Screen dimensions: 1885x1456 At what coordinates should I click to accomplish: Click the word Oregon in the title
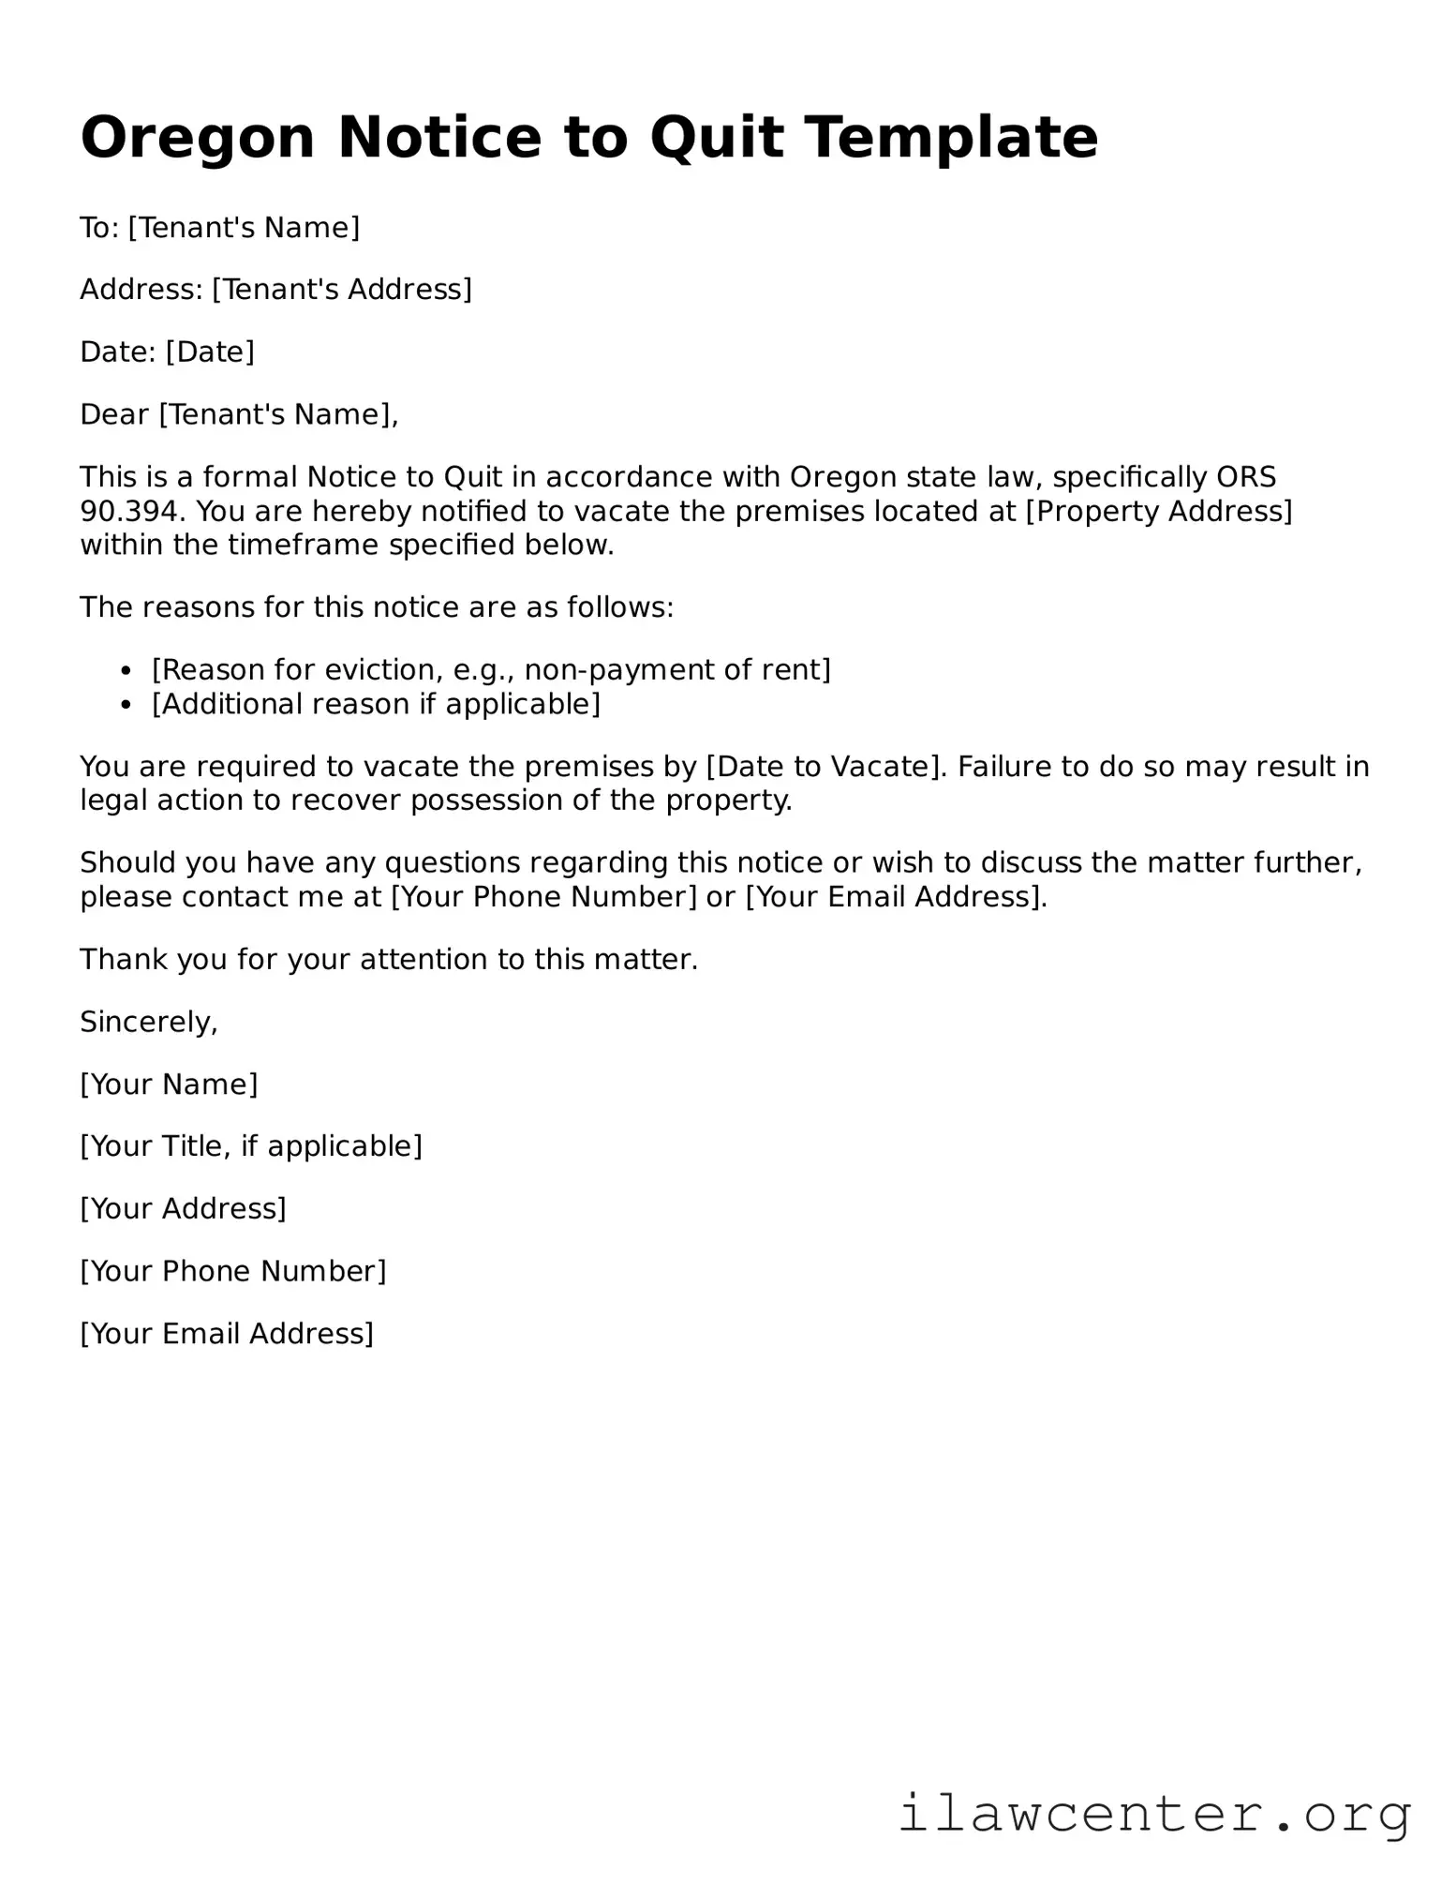197,138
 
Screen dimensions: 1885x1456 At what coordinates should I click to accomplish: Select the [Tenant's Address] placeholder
342,290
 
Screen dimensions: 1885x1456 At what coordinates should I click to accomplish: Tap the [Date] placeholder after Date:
210,352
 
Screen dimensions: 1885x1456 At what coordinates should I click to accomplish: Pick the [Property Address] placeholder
1159,512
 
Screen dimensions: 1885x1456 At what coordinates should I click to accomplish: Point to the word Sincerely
148,1023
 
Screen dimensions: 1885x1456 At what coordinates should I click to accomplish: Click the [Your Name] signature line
169,1085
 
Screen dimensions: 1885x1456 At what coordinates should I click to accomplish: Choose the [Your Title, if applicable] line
251,1146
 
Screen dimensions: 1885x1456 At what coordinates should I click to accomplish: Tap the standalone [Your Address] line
183,1209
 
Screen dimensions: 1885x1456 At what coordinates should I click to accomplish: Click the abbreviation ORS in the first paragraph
1246,478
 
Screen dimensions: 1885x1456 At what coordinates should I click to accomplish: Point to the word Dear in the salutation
114,414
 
